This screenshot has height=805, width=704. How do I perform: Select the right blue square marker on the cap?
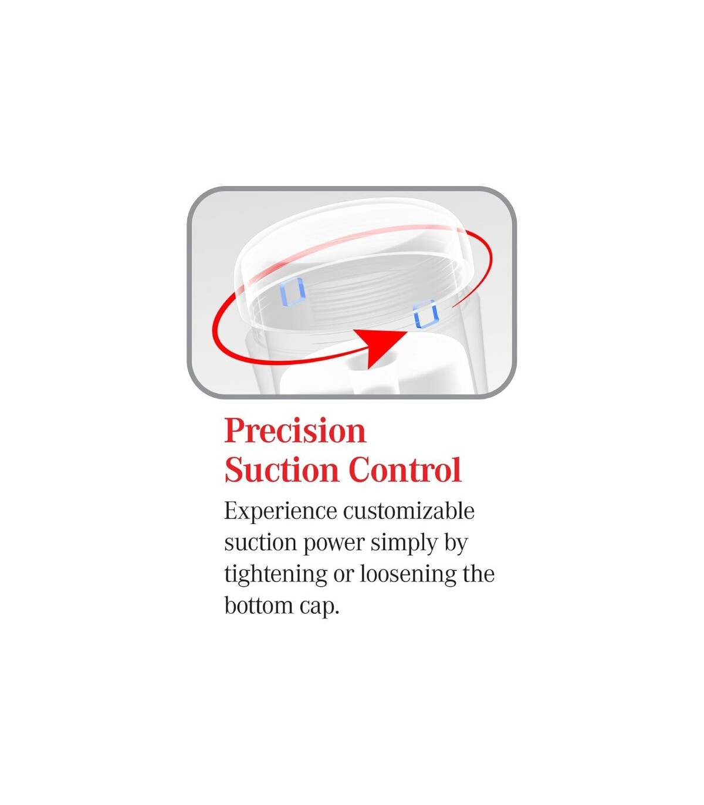(x=425, y=314)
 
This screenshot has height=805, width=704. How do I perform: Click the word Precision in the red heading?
(x=295, y=431)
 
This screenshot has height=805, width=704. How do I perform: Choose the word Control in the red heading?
(x=405, y=470)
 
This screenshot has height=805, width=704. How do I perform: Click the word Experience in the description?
(x=281, y=512)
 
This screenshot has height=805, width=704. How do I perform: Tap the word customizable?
(x=409, y=511)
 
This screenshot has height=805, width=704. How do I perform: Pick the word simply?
(x=404, y=543)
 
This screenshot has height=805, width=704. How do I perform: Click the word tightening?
(x=276, y=575)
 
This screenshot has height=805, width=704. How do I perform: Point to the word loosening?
(x=408, y=575)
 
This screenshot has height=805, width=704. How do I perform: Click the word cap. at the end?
(x=319, y=608)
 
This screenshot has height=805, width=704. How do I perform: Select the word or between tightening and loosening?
(x=343, y=577)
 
